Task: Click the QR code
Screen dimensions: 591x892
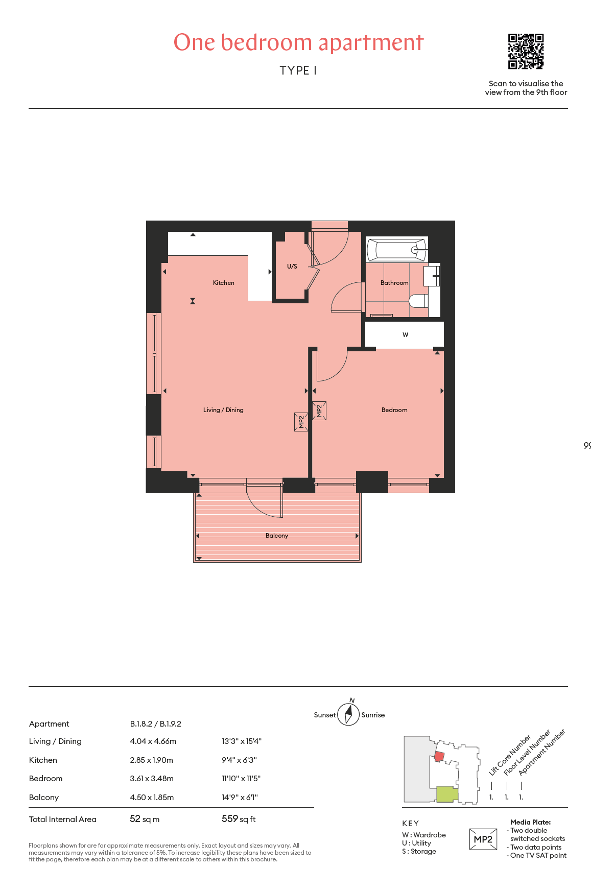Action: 526,51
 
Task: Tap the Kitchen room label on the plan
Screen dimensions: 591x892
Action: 224,283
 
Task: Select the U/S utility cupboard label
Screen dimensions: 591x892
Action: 292,267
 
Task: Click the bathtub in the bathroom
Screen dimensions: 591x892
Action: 397,250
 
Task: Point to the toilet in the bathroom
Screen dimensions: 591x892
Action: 419,301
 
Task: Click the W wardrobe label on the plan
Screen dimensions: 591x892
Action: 406,335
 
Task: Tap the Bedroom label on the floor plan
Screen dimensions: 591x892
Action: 394,410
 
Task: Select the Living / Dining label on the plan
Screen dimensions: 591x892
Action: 223,410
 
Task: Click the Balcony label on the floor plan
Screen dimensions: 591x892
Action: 277,536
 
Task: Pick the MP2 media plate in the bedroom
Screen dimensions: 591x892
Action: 319,411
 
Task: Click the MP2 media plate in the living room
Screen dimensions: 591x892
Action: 301,422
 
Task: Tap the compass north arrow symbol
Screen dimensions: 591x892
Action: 349,714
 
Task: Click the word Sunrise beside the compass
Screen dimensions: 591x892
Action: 373,715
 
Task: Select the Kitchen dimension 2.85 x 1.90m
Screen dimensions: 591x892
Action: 152,760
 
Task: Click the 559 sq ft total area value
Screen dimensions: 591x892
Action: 239,819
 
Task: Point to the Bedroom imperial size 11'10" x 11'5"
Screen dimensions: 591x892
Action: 241,779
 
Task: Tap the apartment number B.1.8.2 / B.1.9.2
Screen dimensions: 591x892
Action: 156,724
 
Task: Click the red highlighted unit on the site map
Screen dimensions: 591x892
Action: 439,756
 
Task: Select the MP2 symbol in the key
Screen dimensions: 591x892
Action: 483,839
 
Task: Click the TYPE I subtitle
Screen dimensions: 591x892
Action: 298,70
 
